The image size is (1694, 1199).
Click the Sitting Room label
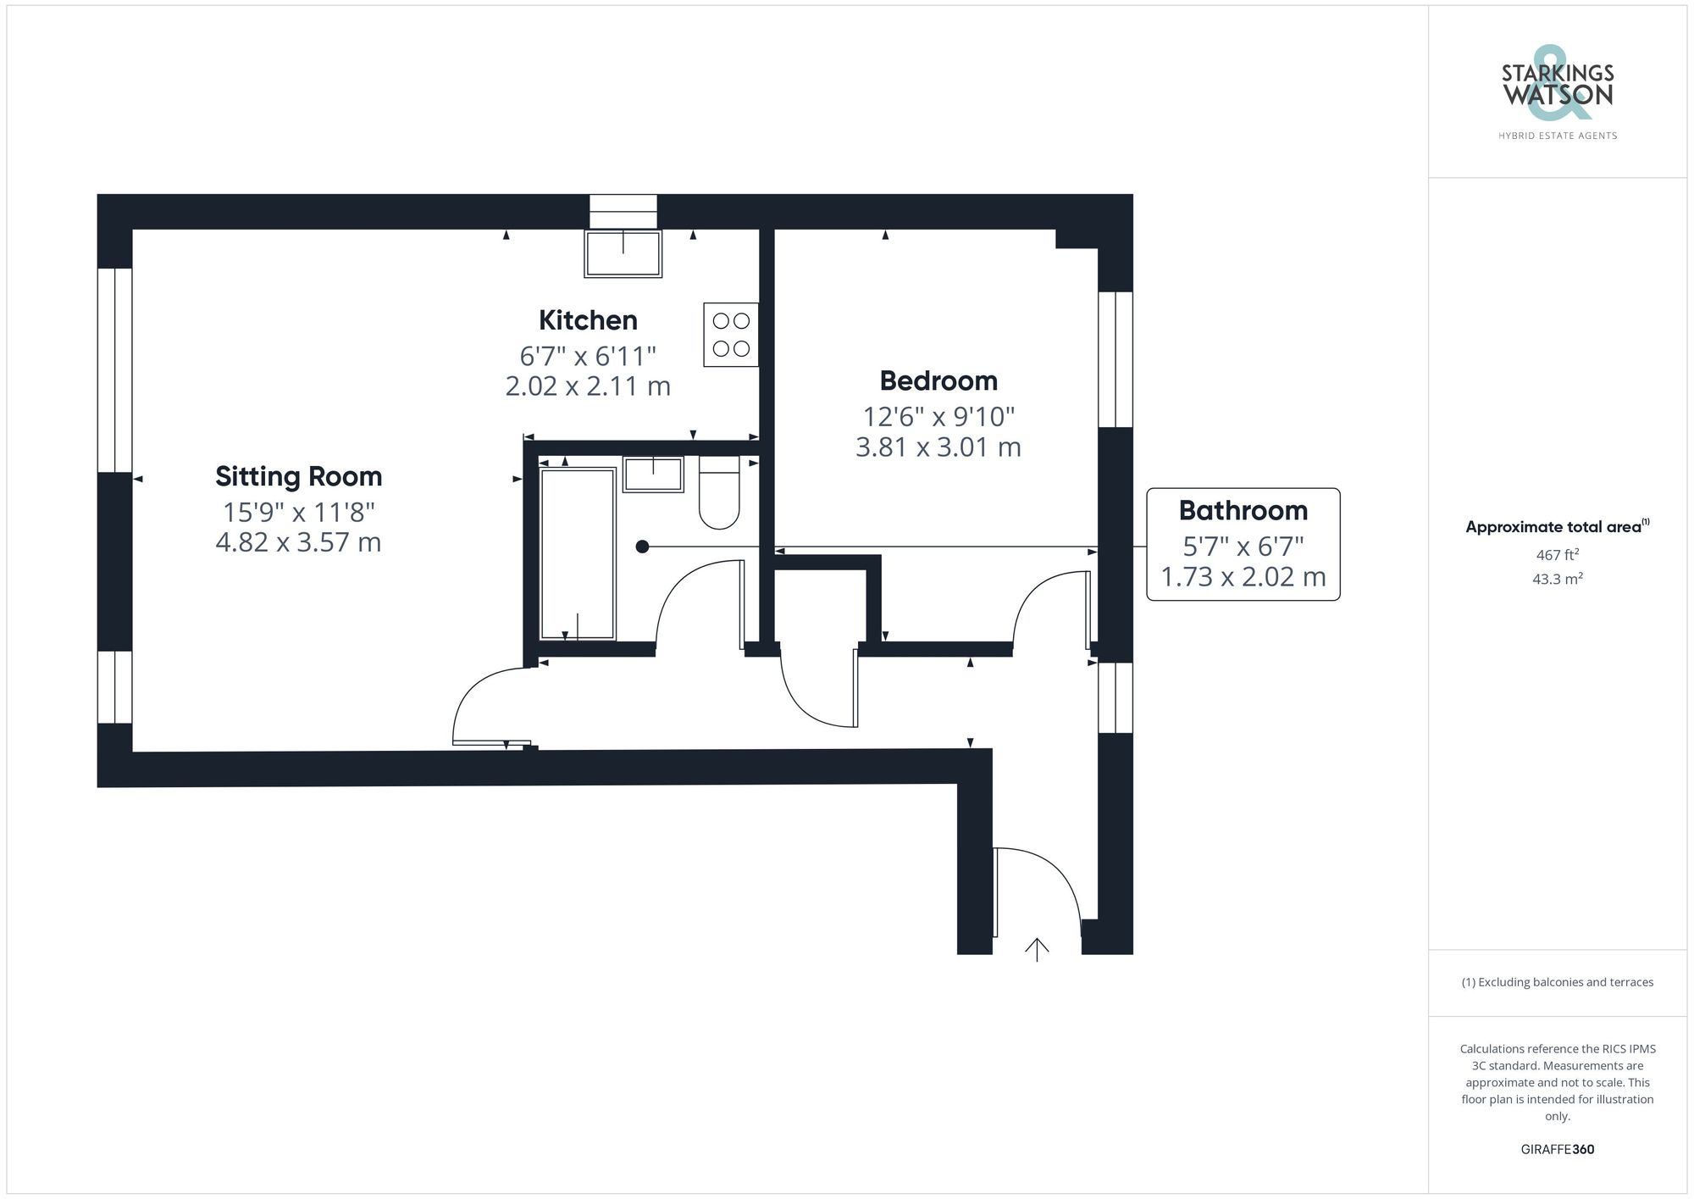298,476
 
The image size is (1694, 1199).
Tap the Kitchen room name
588,320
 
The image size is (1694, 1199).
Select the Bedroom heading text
938,381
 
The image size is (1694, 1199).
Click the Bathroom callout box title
1243,511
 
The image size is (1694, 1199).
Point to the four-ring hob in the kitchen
731,335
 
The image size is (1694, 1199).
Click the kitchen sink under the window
623,253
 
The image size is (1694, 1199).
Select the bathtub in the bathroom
578,554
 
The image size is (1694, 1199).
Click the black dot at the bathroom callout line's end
642,547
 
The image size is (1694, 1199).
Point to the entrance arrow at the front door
1037,949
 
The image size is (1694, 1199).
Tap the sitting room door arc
487,703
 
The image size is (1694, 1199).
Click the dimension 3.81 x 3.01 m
938,447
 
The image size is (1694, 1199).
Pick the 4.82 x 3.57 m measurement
298,542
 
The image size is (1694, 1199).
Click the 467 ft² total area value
1557,556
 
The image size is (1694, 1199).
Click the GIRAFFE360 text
1557,1150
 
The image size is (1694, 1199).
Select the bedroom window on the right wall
1115,359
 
